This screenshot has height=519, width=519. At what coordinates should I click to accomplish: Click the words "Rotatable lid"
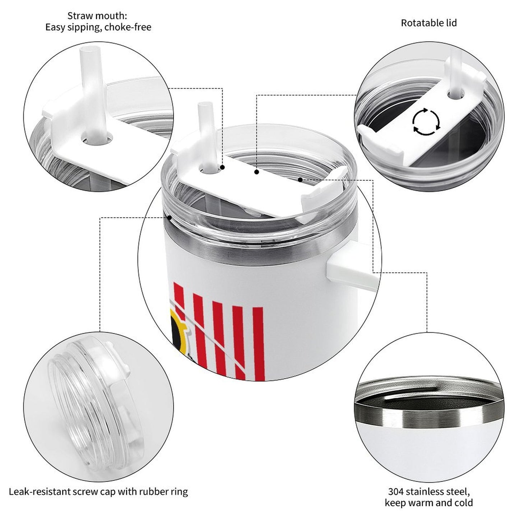tap(429, 23)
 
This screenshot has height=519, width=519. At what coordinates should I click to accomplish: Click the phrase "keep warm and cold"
tap(429, 503)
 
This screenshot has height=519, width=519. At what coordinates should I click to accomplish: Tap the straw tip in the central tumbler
tap(203, 107)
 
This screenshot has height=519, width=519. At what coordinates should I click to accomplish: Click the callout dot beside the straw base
tap(223, 167)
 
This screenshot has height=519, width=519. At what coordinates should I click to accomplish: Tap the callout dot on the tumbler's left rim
tap(169, 217)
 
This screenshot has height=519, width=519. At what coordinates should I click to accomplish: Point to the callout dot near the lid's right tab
tap(300, 179)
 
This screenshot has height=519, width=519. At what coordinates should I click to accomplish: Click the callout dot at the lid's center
tap(256, 172)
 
